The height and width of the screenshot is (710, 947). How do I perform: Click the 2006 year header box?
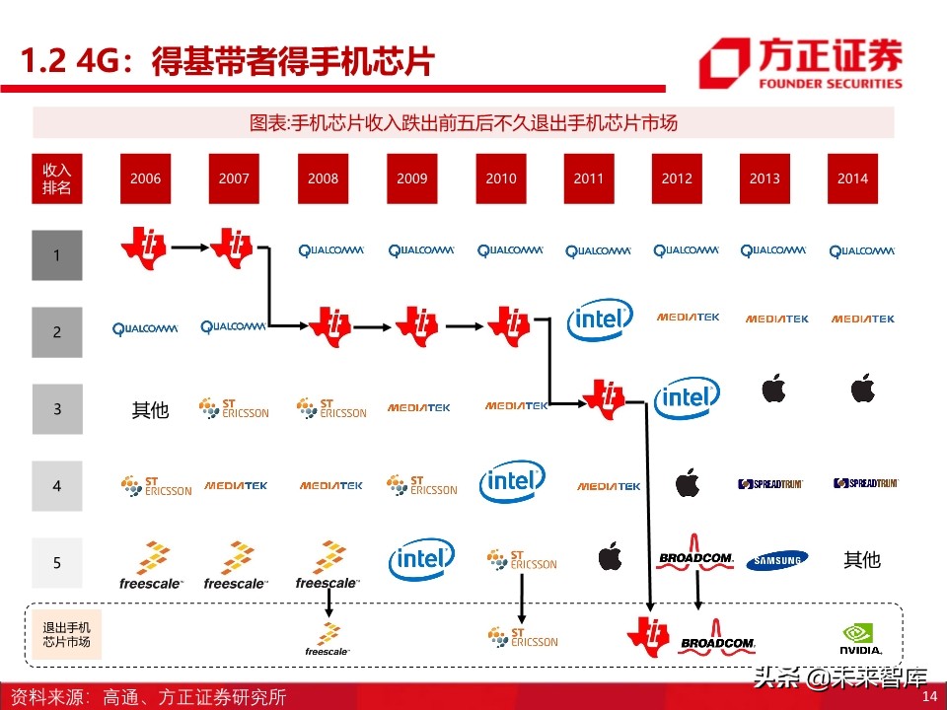[146, 178]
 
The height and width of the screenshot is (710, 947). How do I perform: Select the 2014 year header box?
[852, 178]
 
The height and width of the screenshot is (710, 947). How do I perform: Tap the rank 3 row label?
[57, 408]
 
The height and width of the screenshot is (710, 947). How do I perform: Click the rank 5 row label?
[57, 563]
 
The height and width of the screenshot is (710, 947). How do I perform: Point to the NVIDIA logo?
[860, 639]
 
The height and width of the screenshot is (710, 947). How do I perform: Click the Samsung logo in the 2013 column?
[776, 560]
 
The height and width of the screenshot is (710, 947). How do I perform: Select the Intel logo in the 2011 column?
[600, 319]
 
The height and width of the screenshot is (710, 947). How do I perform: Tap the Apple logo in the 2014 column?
[863, 388]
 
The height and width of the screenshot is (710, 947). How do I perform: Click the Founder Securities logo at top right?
[801, 63]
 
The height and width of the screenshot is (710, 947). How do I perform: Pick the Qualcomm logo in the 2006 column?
[145, 329]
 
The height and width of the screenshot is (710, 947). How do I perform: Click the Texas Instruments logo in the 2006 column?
[144, 248]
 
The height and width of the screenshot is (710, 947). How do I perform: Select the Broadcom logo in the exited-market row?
[717, 639]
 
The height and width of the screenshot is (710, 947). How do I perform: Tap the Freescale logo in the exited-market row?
[328, 639]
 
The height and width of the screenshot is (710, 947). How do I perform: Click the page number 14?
[929, 695]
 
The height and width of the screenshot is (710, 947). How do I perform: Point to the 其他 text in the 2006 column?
[150, 410]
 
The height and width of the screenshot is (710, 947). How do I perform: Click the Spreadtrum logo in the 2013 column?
[770, 483]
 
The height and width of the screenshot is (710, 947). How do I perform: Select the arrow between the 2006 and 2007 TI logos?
[190, 248]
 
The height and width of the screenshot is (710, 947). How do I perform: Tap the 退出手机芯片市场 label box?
[66, 634]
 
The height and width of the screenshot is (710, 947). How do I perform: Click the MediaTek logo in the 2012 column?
[688, 317]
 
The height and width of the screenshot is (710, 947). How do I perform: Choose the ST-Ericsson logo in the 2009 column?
[421, 485]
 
